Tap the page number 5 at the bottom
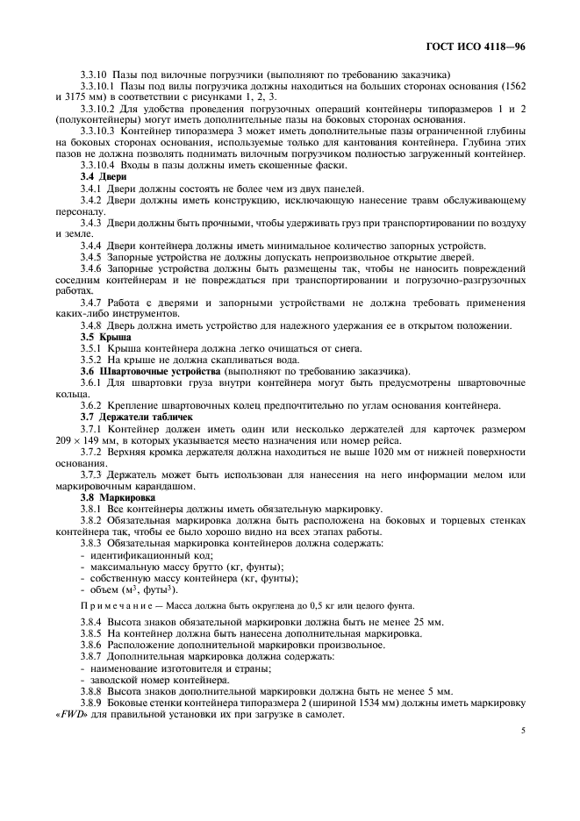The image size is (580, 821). coord(522,728)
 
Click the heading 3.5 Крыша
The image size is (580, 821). coord(100,337)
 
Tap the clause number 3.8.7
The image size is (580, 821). coord(94,656)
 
